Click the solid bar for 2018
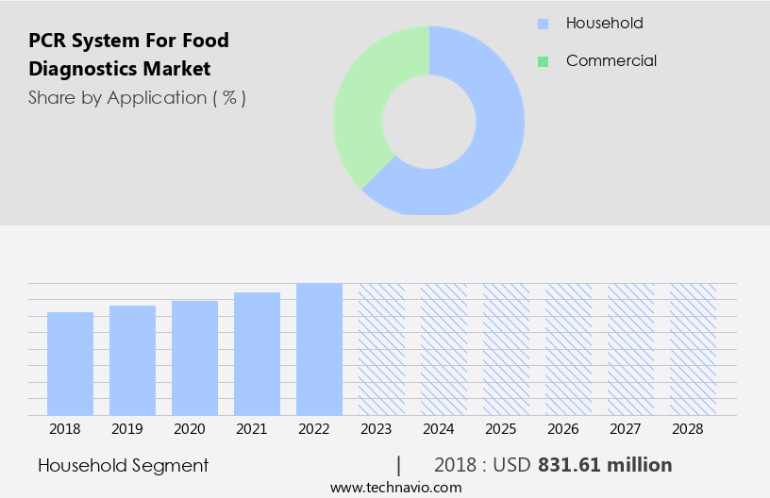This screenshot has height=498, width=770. coord(71,363)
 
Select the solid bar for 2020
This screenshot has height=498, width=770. coord(195,357)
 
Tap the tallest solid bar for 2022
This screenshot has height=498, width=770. coord(319,349)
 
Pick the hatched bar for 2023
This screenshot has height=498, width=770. coord(381,349)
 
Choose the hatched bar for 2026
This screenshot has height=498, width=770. coord(568,349)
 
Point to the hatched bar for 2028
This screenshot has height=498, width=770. coord(693,349)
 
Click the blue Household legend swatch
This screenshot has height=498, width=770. coord(543,24)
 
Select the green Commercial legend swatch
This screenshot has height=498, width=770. coord(543,61)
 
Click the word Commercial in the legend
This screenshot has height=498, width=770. coord(611,61)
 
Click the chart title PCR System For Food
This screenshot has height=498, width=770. coord(128,41)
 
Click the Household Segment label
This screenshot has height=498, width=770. coord(124,465)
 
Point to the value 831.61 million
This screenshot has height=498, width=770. coord(604,465)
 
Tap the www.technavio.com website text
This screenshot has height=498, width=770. coord(396,488)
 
